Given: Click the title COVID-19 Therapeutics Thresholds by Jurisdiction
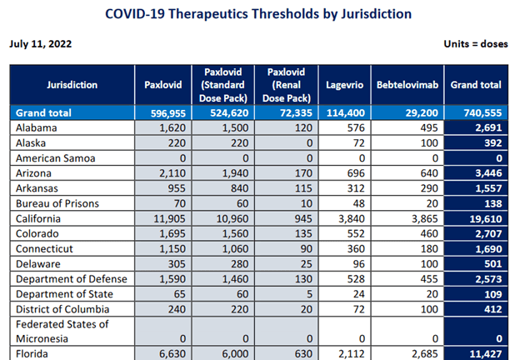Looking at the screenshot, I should (x=259, y=15).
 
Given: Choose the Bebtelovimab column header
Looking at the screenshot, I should (x=403, y=84).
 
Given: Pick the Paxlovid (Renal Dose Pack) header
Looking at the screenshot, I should (x=286, y=84).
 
